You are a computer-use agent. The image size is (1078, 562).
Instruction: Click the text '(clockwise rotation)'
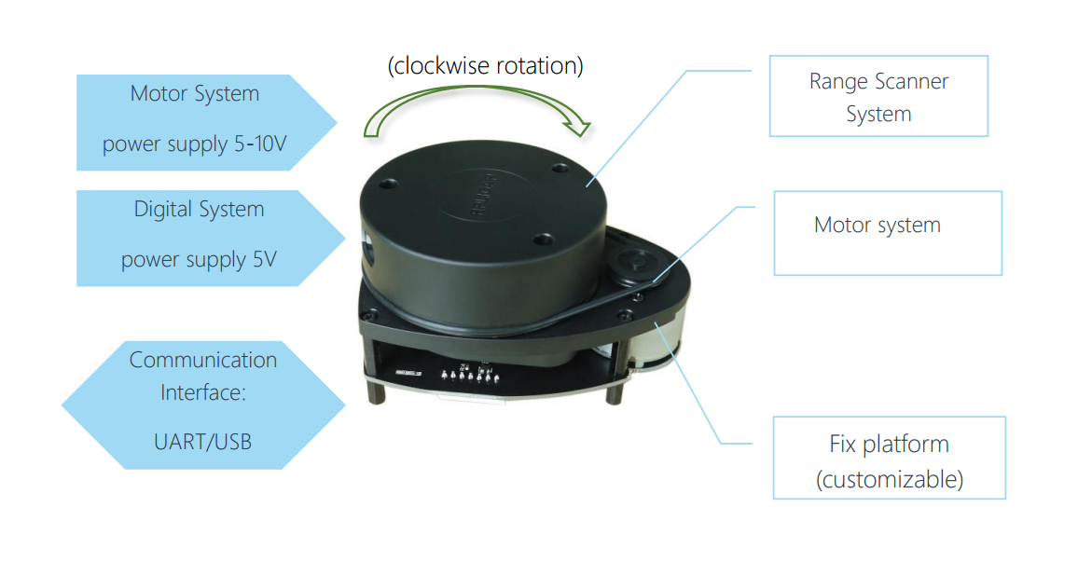tap(485, 66)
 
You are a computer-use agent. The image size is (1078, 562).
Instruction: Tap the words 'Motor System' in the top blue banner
tap(195, 94)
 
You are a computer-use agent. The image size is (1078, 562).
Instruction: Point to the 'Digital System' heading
tap(199, 210)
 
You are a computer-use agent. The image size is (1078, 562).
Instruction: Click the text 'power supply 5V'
tap(199, 260)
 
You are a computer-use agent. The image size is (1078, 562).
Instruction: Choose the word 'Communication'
tap(203, 360)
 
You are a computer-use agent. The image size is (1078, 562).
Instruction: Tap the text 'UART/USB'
tap(202, 440)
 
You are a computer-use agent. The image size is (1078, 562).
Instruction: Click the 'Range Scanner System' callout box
tap(878, 97)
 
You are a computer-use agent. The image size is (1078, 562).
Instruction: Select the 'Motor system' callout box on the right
tap(887, 233)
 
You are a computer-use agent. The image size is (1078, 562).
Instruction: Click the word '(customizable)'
tap(889, 480)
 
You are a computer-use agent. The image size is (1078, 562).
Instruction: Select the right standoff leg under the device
tap(613, 392)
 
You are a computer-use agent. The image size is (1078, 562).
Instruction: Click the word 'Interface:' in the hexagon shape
tap(202, 392)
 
